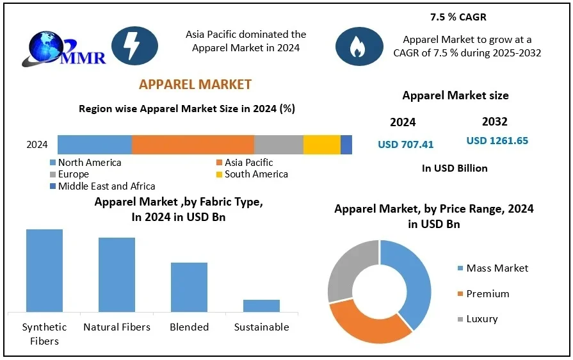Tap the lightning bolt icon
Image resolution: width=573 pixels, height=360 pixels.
134,45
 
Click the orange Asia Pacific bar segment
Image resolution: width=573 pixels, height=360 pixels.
193,145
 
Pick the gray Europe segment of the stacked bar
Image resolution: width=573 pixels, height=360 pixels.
278,145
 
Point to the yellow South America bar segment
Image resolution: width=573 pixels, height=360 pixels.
321,145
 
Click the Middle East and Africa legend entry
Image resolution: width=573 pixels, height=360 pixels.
102,186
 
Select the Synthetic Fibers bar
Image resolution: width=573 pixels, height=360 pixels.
44,270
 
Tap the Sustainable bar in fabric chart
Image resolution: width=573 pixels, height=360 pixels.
261,306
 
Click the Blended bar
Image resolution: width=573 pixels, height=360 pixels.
189,287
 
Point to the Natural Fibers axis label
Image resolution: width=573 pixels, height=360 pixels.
117,327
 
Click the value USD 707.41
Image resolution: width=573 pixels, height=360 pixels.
405,145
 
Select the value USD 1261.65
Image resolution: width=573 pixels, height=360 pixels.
497,141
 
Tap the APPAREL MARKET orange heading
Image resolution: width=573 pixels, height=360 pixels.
195,85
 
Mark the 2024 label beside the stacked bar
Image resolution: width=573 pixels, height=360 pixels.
37,145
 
